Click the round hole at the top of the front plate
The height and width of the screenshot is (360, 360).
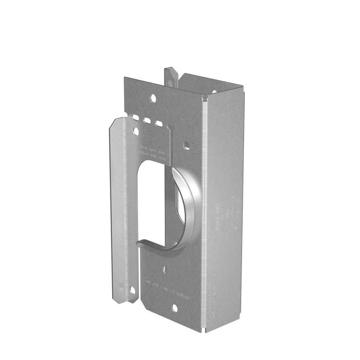(153, 98)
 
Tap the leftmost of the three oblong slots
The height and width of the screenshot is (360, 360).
(136, 118)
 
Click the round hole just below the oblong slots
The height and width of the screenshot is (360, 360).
(136, 131)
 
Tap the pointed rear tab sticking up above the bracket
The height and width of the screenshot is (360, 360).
(170, 76)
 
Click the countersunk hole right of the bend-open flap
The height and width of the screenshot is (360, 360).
(187, 146)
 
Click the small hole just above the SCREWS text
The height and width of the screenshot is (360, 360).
(165, 269)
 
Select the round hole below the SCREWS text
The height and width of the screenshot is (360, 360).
(174, 308)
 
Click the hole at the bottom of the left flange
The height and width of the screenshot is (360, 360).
(132, 290)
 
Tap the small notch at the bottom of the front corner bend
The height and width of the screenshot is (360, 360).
(204, 330)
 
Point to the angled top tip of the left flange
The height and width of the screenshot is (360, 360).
(116, 121)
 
